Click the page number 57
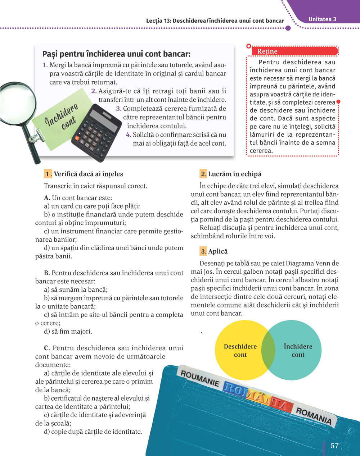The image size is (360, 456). point(334,446)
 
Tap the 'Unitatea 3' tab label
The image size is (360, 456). point(322,19)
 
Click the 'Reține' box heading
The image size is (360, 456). point(267,51)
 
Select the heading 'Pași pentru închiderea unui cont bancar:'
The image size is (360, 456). point(116,54)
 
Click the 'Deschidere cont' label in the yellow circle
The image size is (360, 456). point(240,351)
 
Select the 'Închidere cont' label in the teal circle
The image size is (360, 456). point(298,351)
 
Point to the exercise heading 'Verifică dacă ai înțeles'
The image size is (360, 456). point(88,174)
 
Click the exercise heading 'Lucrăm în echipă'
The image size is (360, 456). point(235,174)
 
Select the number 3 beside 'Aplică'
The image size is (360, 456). point(204,251)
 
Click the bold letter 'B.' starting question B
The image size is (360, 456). point(47,273)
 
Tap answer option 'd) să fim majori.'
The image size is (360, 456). point(68,331)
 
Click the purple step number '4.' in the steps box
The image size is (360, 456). point(129,135)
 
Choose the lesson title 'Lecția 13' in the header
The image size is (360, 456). point(158,21)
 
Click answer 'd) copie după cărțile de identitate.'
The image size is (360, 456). point(93,432)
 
